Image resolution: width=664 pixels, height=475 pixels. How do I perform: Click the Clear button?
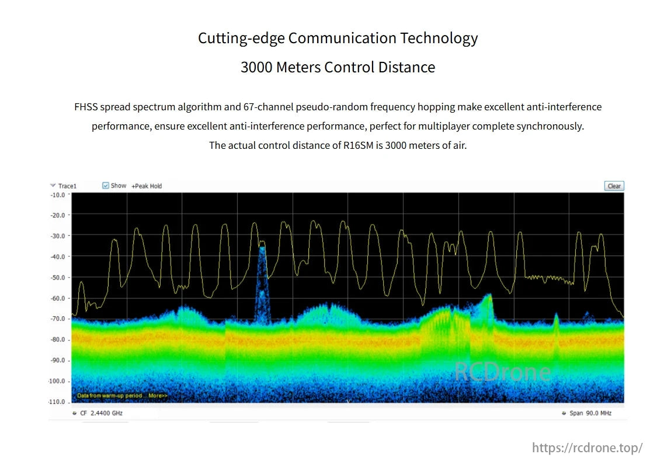614,186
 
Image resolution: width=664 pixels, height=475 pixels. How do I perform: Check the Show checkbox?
106,186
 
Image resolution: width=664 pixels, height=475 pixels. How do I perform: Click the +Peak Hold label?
147,186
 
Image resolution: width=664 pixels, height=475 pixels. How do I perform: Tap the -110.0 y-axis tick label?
57,402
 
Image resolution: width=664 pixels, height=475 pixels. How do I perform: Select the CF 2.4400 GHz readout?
101,413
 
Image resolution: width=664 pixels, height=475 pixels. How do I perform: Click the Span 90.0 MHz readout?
590,413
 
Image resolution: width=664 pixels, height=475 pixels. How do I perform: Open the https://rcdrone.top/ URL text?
587,448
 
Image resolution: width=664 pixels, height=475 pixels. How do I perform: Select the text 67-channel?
269,107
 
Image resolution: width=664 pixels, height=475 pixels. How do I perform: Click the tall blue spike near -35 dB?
262,257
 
